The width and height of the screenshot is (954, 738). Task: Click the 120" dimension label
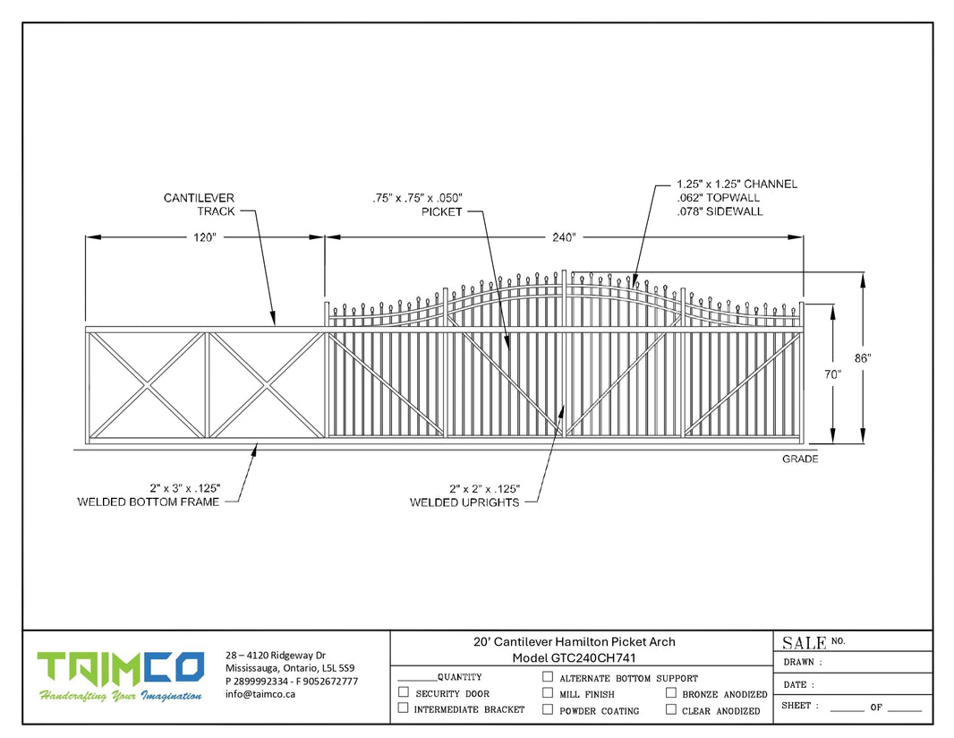[x=204, y=237]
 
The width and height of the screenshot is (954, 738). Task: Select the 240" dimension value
[x=563, y=237]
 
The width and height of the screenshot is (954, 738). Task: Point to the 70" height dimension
[x=833, y=374]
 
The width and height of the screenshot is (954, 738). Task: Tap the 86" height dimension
[x=862, y=357]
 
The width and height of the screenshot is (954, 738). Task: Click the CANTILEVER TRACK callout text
[x=199, y=204]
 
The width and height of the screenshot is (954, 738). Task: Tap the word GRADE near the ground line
[x=800, y=459]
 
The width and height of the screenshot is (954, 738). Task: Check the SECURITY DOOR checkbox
[x=404, y=692]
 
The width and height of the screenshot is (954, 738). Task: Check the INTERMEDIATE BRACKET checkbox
[x=404, y=708]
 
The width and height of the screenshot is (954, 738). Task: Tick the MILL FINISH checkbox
[x=548, y=692]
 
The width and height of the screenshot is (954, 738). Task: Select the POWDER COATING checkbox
[x=548, y=709]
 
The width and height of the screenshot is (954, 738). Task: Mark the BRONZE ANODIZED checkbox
[x=670, y=692]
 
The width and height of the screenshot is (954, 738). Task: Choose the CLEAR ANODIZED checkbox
[x=670, y=709]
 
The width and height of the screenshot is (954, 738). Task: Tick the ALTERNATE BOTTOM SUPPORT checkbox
[x=548, y=677]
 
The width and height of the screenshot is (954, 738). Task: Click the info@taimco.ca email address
[x=260, y=693]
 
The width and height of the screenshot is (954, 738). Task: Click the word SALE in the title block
[x=804, y=642]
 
